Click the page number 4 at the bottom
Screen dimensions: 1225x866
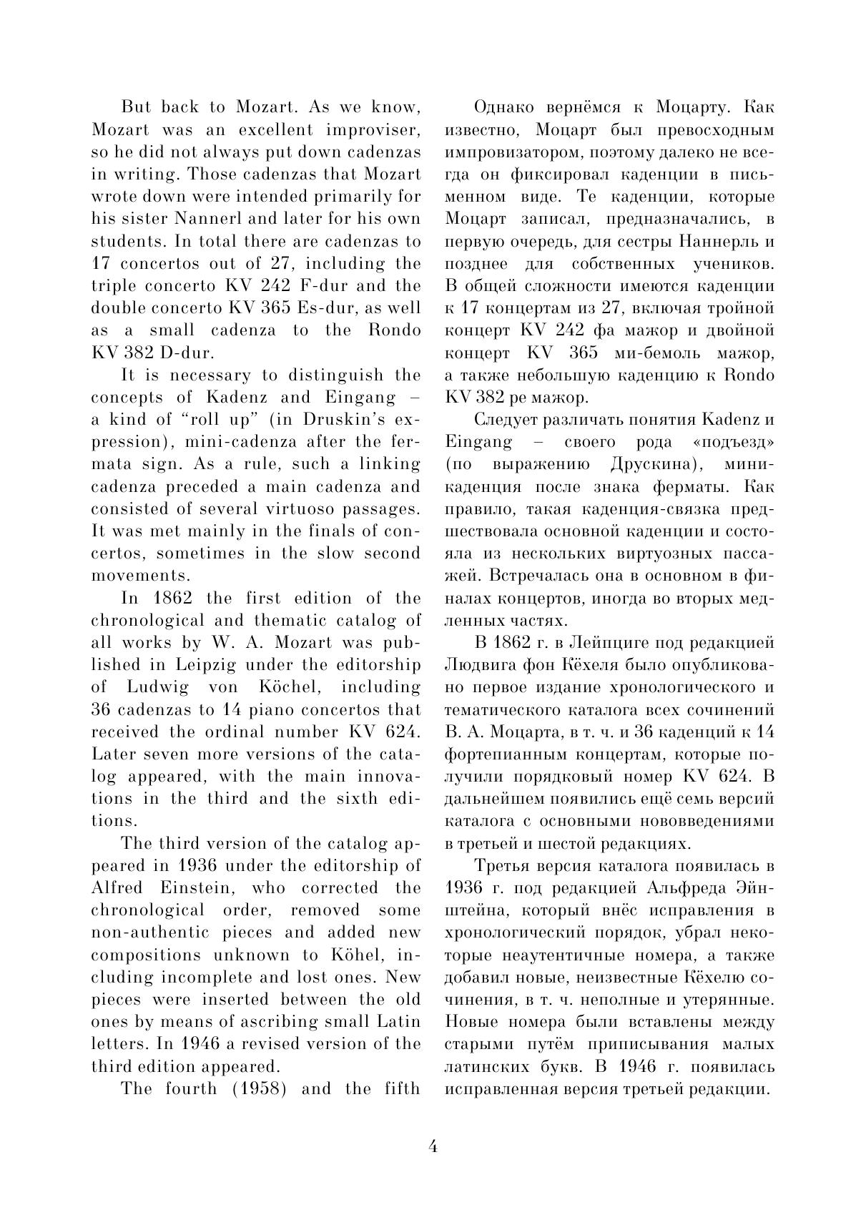(433, 1146)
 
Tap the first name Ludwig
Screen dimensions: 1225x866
(158, 687)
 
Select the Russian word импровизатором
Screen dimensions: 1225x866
(511, 153)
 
